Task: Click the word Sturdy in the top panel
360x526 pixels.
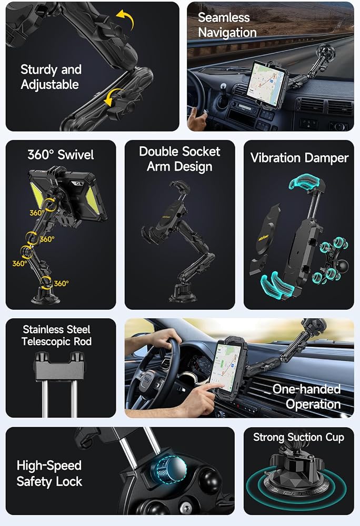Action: pyautogui.click(x=39, y=70)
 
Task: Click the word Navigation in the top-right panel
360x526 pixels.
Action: pyautogui.click(x=227, y=33)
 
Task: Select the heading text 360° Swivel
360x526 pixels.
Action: pyautogui.click(x=61, y=155)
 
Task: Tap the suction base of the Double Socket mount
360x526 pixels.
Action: pyautogui.click(x=183, y=294)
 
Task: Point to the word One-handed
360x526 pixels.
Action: pyautogui.click(x=307, y=389)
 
